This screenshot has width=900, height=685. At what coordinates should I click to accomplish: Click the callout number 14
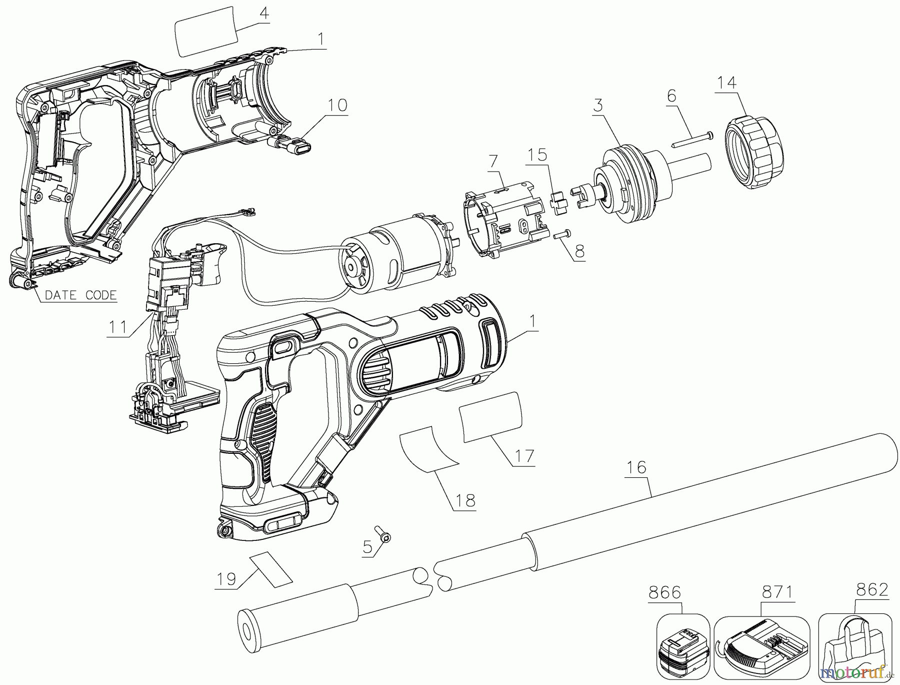(x=727, y=82)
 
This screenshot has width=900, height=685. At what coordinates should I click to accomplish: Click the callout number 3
(x=598, y=105)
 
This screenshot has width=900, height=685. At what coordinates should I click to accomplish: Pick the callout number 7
(x=493, y=161)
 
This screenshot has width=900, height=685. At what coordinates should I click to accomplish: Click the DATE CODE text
(x=80, y=295)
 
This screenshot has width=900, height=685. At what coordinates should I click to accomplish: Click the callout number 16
(x=636, y=467)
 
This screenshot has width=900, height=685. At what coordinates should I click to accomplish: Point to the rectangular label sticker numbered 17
(x=490, y=417)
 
